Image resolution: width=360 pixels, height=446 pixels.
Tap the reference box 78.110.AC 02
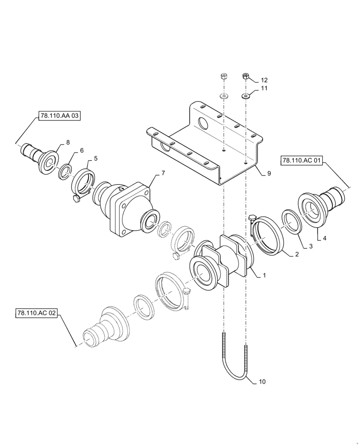tap(37, 313)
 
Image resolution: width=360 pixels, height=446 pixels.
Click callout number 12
tap(264, 80)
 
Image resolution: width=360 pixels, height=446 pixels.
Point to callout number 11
tap(264, 89)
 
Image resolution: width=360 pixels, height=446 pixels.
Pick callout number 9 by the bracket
tap(269, 173)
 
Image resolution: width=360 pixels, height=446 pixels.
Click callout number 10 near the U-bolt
tap(262, 382)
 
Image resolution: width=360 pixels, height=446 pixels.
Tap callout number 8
tap(68, 142)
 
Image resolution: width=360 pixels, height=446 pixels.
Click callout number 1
tap(264, 276)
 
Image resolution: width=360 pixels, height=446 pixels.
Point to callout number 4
tap(324, 239)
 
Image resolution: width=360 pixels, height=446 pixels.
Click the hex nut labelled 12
tap(246, 77)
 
